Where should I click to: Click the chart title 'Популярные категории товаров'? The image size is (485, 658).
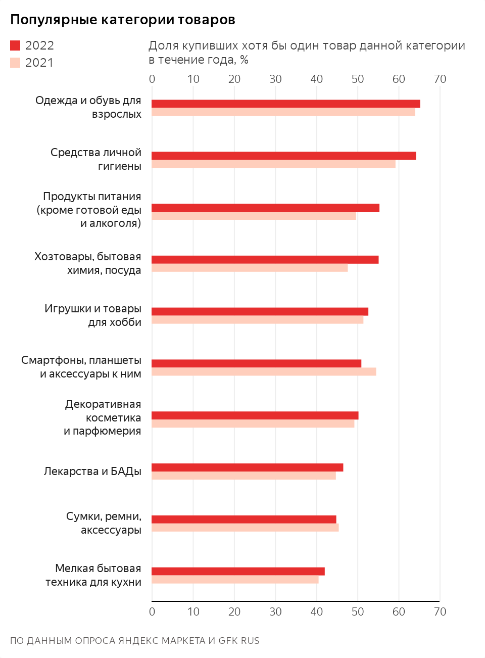tap(123, 20)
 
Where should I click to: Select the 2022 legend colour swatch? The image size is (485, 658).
tap(15, 45)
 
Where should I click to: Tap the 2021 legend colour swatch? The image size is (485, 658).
tap(15, 63)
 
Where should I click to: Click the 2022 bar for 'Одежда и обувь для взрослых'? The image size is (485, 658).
tap(285, 104)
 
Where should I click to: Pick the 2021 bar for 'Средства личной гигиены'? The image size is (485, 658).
tap(273, 164)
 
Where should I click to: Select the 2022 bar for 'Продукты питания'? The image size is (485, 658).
tap(265, 208)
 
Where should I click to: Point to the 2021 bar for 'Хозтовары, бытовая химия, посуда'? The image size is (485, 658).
tap(250, 268)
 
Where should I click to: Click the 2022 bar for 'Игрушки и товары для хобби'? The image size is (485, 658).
tap(260, 311)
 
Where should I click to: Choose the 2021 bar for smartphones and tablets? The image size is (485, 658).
tap(264, 372)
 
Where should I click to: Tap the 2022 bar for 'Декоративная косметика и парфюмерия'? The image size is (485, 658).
tap(255, 415)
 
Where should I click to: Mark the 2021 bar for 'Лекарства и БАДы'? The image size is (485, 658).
tap(244, 476)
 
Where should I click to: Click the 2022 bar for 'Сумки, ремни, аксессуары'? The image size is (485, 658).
tap(244, 519)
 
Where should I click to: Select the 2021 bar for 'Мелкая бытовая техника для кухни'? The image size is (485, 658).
tap(235, 580)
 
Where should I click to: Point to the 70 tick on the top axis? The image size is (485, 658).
tap(440, 79)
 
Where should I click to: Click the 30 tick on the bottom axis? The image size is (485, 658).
tap(275, 612)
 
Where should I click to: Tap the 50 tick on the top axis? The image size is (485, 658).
tap(358, 79)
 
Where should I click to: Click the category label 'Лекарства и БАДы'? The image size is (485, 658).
tap(92, 472)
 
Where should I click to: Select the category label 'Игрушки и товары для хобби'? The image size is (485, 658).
tap(93, 315)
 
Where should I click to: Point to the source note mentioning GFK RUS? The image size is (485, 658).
tap(135, 641)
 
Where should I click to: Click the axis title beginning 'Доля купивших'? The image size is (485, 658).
tap(307, 53)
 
